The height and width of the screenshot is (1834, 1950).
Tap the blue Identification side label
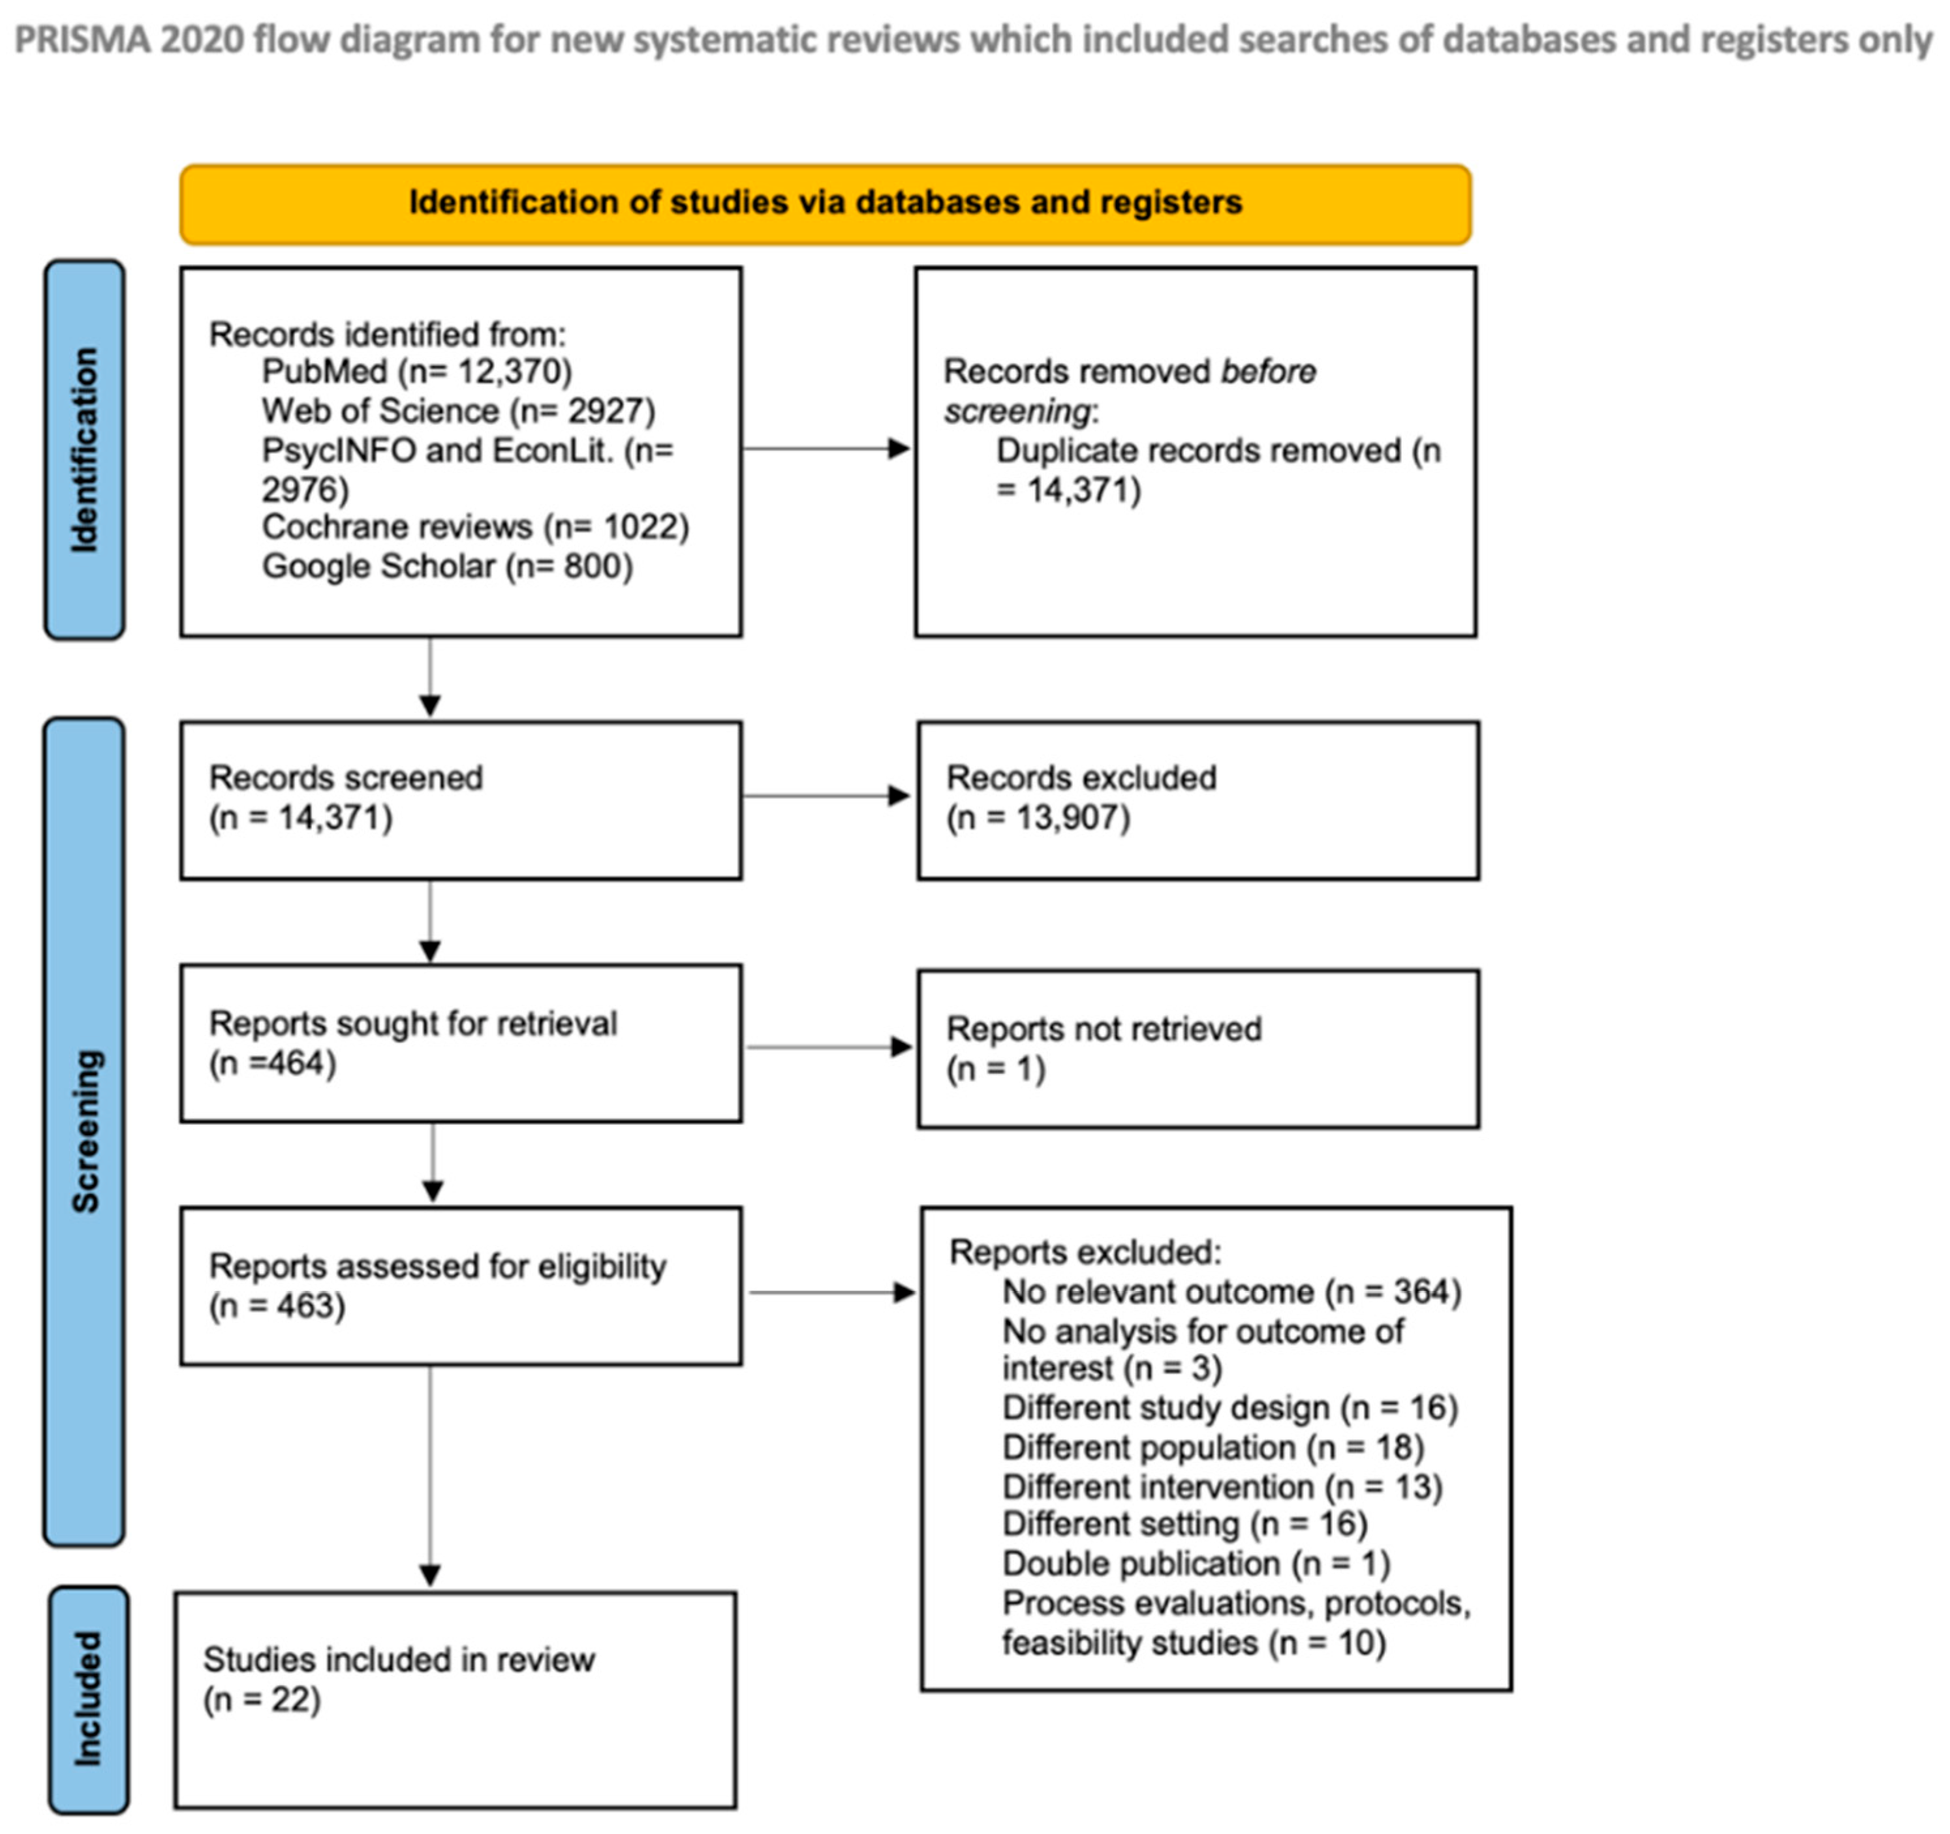click(x=84, y=450)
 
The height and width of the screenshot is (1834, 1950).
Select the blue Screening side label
click(x=84, y=1131)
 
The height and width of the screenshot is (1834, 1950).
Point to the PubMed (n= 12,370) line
click(x=417, y=372)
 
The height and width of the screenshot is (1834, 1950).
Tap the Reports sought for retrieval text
click(x=413, y=1023)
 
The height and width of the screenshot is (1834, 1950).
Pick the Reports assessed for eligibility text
click(x=437, y=1266)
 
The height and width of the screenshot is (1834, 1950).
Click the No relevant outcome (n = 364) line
click(x=1231, y=1292)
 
